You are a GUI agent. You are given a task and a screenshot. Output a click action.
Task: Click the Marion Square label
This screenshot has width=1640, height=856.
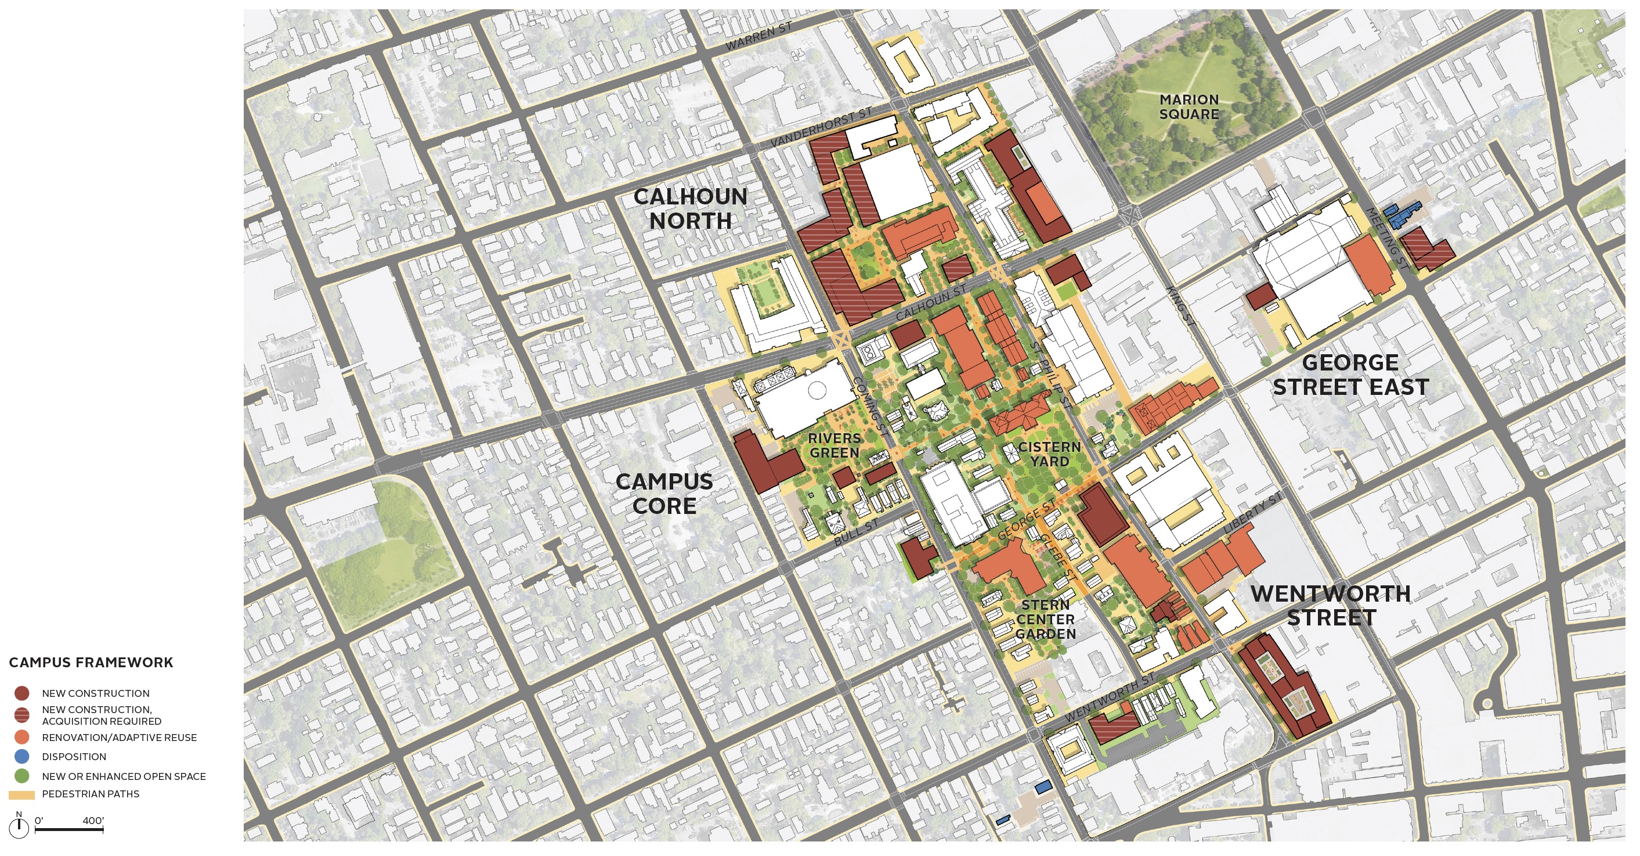[1189, 107]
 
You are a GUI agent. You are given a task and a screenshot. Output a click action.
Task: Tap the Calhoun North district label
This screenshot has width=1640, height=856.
[690, 208]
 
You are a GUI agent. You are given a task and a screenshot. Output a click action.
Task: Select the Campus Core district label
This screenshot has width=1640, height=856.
[664, 494]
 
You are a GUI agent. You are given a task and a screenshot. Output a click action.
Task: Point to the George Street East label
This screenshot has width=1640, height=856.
[1350, 375]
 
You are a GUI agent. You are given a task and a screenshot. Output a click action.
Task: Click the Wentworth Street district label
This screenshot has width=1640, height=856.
[1331, 605]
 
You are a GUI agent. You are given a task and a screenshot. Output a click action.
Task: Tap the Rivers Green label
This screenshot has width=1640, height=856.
[834, 445]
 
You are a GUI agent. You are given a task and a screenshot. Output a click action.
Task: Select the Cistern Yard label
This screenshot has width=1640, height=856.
[1049, 454]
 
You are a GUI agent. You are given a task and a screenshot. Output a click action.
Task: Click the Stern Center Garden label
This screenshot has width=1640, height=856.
[1045, 618]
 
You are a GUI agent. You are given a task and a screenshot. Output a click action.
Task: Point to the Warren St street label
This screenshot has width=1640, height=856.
[759, 37]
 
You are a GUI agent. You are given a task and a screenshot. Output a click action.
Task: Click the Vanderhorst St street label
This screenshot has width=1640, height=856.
[821, 127]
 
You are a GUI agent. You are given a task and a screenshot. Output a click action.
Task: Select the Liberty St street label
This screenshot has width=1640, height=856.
[1252, 513]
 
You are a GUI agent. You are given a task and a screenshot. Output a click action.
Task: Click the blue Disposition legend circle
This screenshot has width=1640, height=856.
[21, 757]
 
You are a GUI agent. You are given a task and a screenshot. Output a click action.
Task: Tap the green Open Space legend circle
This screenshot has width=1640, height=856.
[21, 776]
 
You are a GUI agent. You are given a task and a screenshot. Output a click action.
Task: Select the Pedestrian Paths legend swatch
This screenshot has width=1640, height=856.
[21, 795]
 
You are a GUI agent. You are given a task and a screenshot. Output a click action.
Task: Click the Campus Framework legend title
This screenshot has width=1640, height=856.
[91, 663]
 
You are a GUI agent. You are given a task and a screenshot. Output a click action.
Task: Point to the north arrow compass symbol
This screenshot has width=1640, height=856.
[19, 826]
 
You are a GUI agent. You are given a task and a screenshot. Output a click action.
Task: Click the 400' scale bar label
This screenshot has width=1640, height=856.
[93, 821]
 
